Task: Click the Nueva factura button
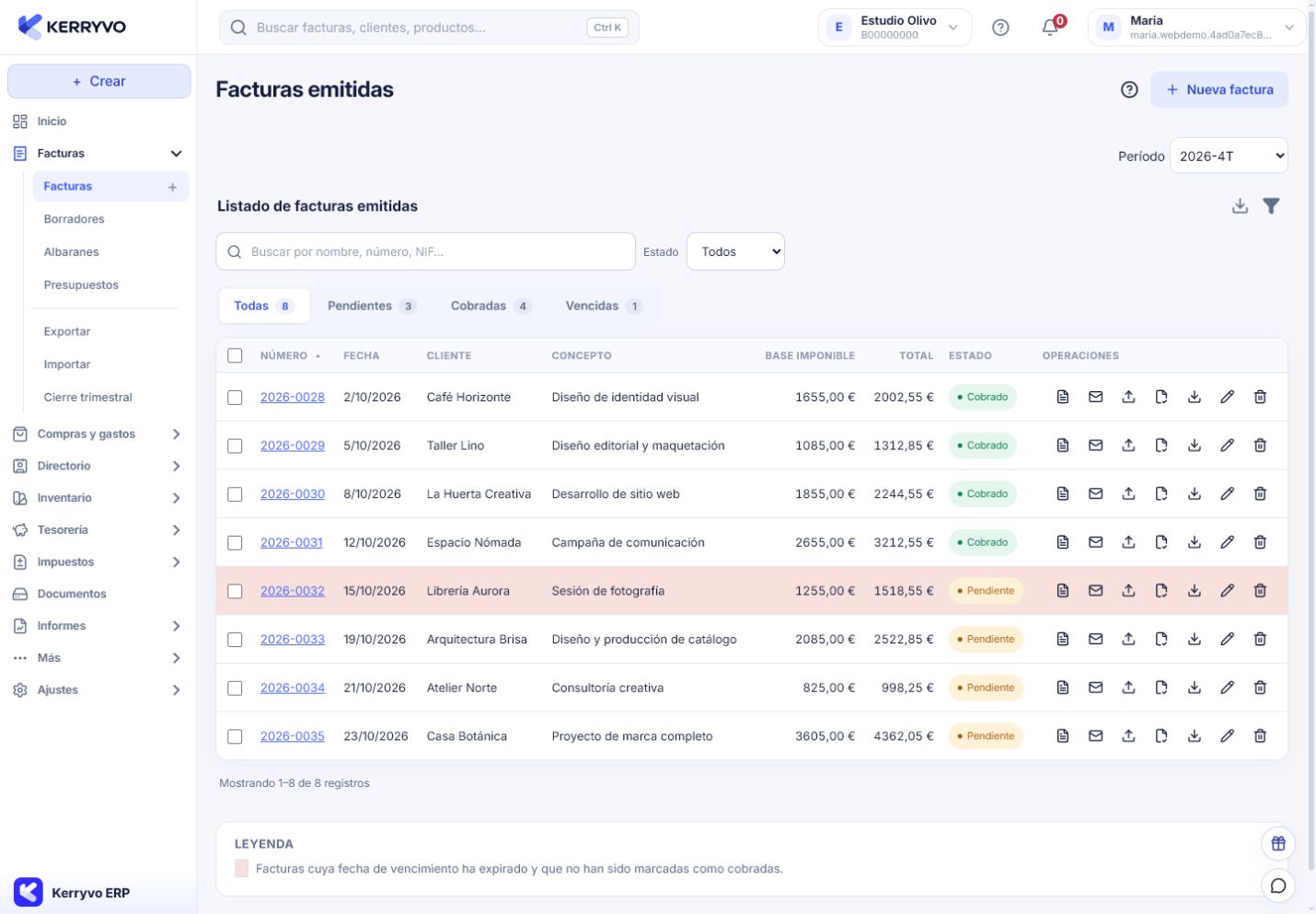pos(1219,89)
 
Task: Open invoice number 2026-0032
pos(292,590)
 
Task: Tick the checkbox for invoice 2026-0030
pos(235,493)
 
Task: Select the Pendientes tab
pos(372,306)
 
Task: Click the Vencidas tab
pos(604,306)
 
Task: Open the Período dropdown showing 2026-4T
pos(1229,156)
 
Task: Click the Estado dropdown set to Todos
pos(735,251)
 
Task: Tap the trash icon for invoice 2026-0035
pos(1260,735)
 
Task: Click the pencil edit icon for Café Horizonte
pos(1227,397)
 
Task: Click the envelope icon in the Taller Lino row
pos(1095,445)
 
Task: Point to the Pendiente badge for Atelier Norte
pos(986,688)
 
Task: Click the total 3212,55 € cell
pos(903,542)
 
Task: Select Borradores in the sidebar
pos(74,219)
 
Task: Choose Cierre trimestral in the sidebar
pos(87,397)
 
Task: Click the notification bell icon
pos(1050,27)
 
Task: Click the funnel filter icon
pos(1271,206)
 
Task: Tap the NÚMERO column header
pos(283,355)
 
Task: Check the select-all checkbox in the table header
pos(235,355)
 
